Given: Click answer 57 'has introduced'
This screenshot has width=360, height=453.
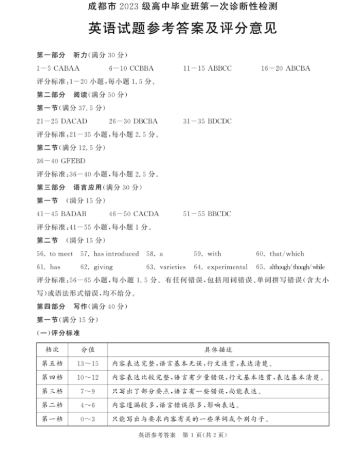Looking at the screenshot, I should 116,254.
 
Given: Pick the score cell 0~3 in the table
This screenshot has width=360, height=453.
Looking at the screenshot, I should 87,419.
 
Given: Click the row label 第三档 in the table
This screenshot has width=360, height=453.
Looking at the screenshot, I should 52,391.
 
